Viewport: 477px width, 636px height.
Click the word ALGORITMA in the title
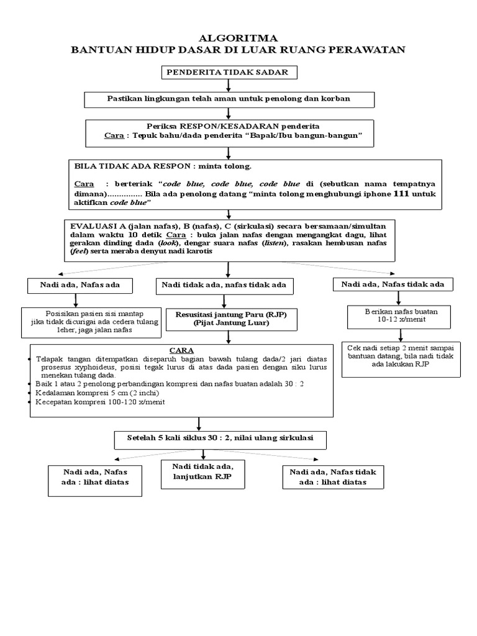(238, 39)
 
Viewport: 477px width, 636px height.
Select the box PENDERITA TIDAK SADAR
(230, 73)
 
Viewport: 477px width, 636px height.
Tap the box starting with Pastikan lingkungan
(229, 99)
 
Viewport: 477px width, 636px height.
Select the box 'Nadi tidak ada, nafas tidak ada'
(224, 285)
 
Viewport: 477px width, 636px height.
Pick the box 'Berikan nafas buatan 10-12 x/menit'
(389, 315)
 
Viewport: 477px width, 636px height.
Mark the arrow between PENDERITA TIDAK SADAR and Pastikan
(229, 86)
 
